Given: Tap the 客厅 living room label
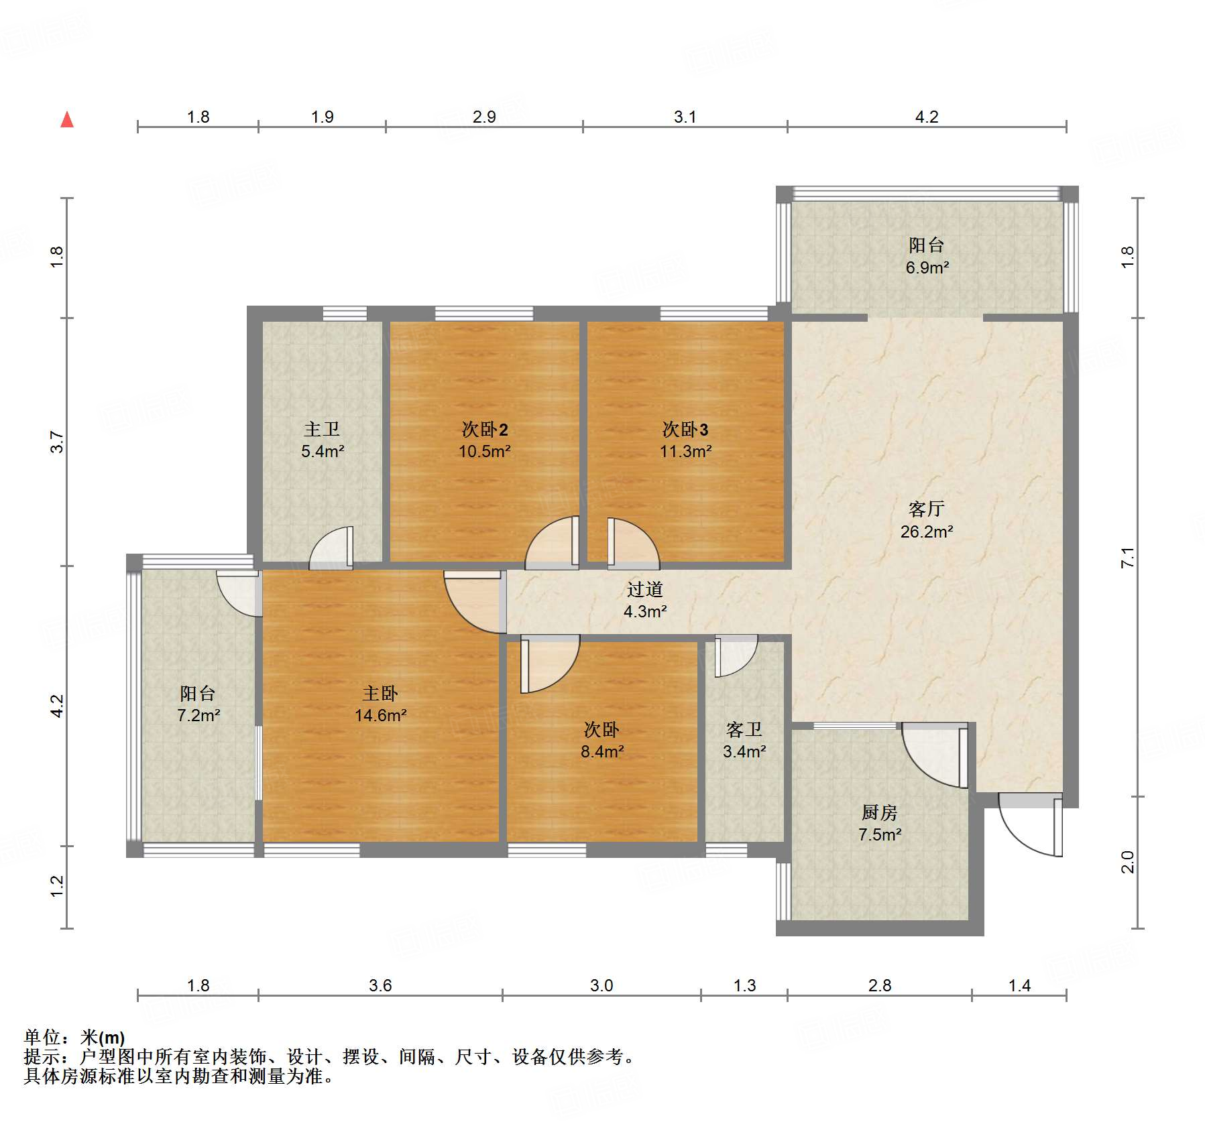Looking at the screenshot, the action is pos(927,509).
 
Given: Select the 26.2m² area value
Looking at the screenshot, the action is pos(927,532).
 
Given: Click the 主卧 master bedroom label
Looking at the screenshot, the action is pos(380,693).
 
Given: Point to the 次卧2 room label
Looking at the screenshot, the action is pos(484,429).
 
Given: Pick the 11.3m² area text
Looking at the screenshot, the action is pos(685,451).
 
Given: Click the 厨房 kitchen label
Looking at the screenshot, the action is pos(879,812).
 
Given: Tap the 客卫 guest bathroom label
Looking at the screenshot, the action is pos(744,729).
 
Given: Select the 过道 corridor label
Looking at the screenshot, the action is pos(645,589).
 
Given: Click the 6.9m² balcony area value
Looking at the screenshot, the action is pos(927,267).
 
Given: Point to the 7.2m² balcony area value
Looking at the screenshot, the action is pos(198,715).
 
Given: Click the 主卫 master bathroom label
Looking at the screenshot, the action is pos(322,429).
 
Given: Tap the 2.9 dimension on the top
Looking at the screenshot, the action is pos(484,117).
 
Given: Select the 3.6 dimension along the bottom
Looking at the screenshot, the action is pos(380,985).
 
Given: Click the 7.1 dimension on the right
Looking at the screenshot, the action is pos(1128,558).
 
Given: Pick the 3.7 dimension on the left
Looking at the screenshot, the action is pos(56,442).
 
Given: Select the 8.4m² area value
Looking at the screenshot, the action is pos(602,751).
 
